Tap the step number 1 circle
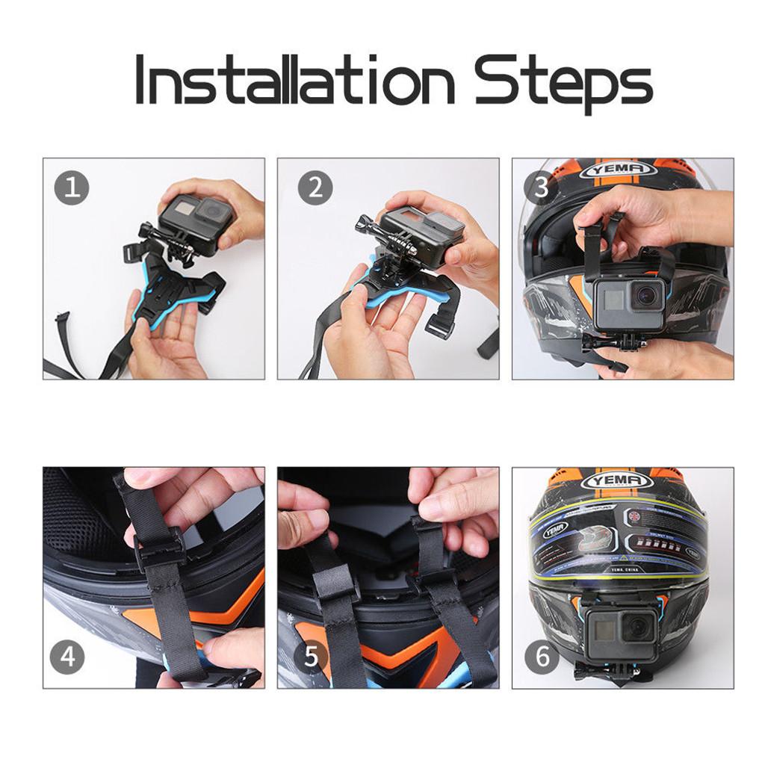click(72, 188)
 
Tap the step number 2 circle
click(315, 188)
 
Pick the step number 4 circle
click(67, 657)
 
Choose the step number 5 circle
click(312, 657)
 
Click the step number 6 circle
click(542, 657)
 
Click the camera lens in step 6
click(637, 628)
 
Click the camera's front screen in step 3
click(613, 300)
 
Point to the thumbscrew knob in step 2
click(364, 223)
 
